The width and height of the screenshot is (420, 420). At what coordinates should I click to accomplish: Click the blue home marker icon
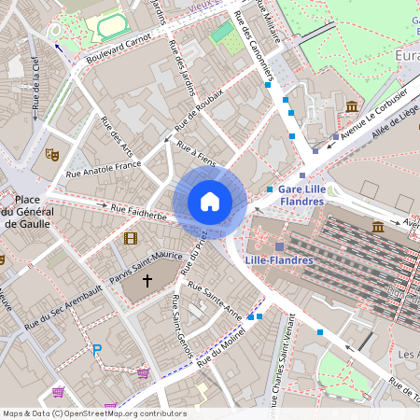click(210, 202)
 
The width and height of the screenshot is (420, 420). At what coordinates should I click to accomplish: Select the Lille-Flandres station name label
click(278, 259)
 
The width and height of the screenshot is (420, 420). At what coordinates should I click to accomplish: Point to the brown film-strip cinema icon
click(130, 238)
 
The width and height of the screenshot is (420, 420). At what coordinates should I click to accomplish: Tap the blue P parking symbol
click(96, 351)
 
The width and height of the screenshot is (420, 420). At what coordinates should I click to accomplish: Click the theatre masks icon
click(52, 154)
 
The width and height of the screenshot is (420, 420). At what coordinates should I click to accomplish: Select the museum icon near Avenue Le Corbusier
click(352, 106)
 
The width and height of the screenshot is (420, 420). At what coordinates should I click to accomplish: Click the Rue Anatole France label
click(104, 169)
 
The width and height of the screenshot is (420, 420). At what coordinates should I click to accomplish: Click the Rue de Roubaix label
click(201, 116)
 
